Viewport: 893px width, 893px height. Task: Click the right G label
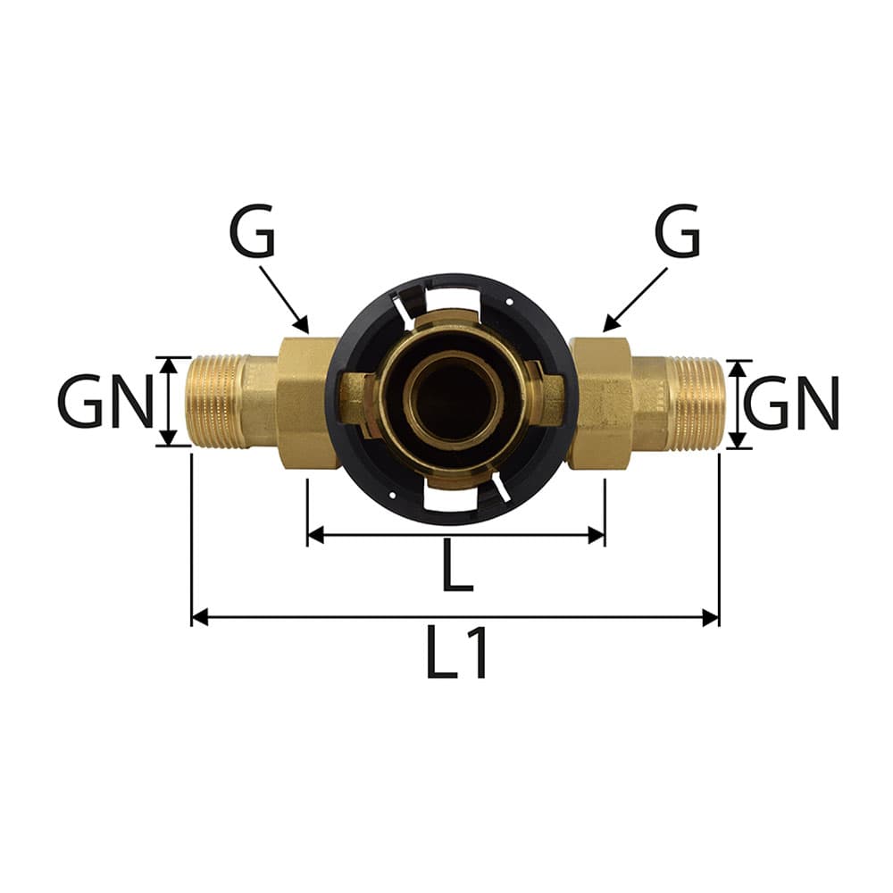click(x=677, y=230)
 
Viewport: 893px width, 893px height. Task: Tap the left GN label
click(x=106, y=401)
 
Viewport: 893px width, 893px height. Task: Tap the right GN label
click(x=791, y=404)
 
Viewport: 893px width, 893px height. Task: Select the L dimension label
click(x=457, y=565)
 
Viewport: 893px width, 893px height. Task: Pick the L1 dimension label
click(x=456, y=653)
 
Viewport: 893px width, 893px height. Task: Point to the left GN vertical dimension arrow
click(x=168, y=402)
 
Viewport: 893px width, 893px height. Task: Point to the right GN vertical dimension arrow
click(x=738, y=405)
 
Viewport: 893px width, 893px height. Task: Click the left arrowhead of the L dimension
click(x=315, y=535)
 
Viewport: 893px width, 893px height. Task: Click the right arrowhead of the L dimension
click(x=597, y=535)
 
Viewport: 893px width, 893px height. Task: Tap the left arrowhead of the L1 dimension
click(x=200, y=617)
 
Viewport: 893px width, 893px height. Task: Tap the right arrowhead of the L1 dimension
click(x=711, y=617)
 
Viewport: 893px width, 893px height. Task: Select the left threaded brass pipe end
click(x=218, y=401)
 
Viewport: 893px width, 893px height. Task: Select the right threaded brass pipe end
click(x=696, y=404)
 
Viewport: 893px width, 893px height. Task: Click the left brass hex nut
click(x=307, y=404)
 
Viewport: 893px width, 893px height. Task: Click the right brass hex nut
click(x=601, y=404)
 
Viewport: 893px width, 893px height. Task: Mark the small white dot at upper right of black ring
click(x=510, y=302)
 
